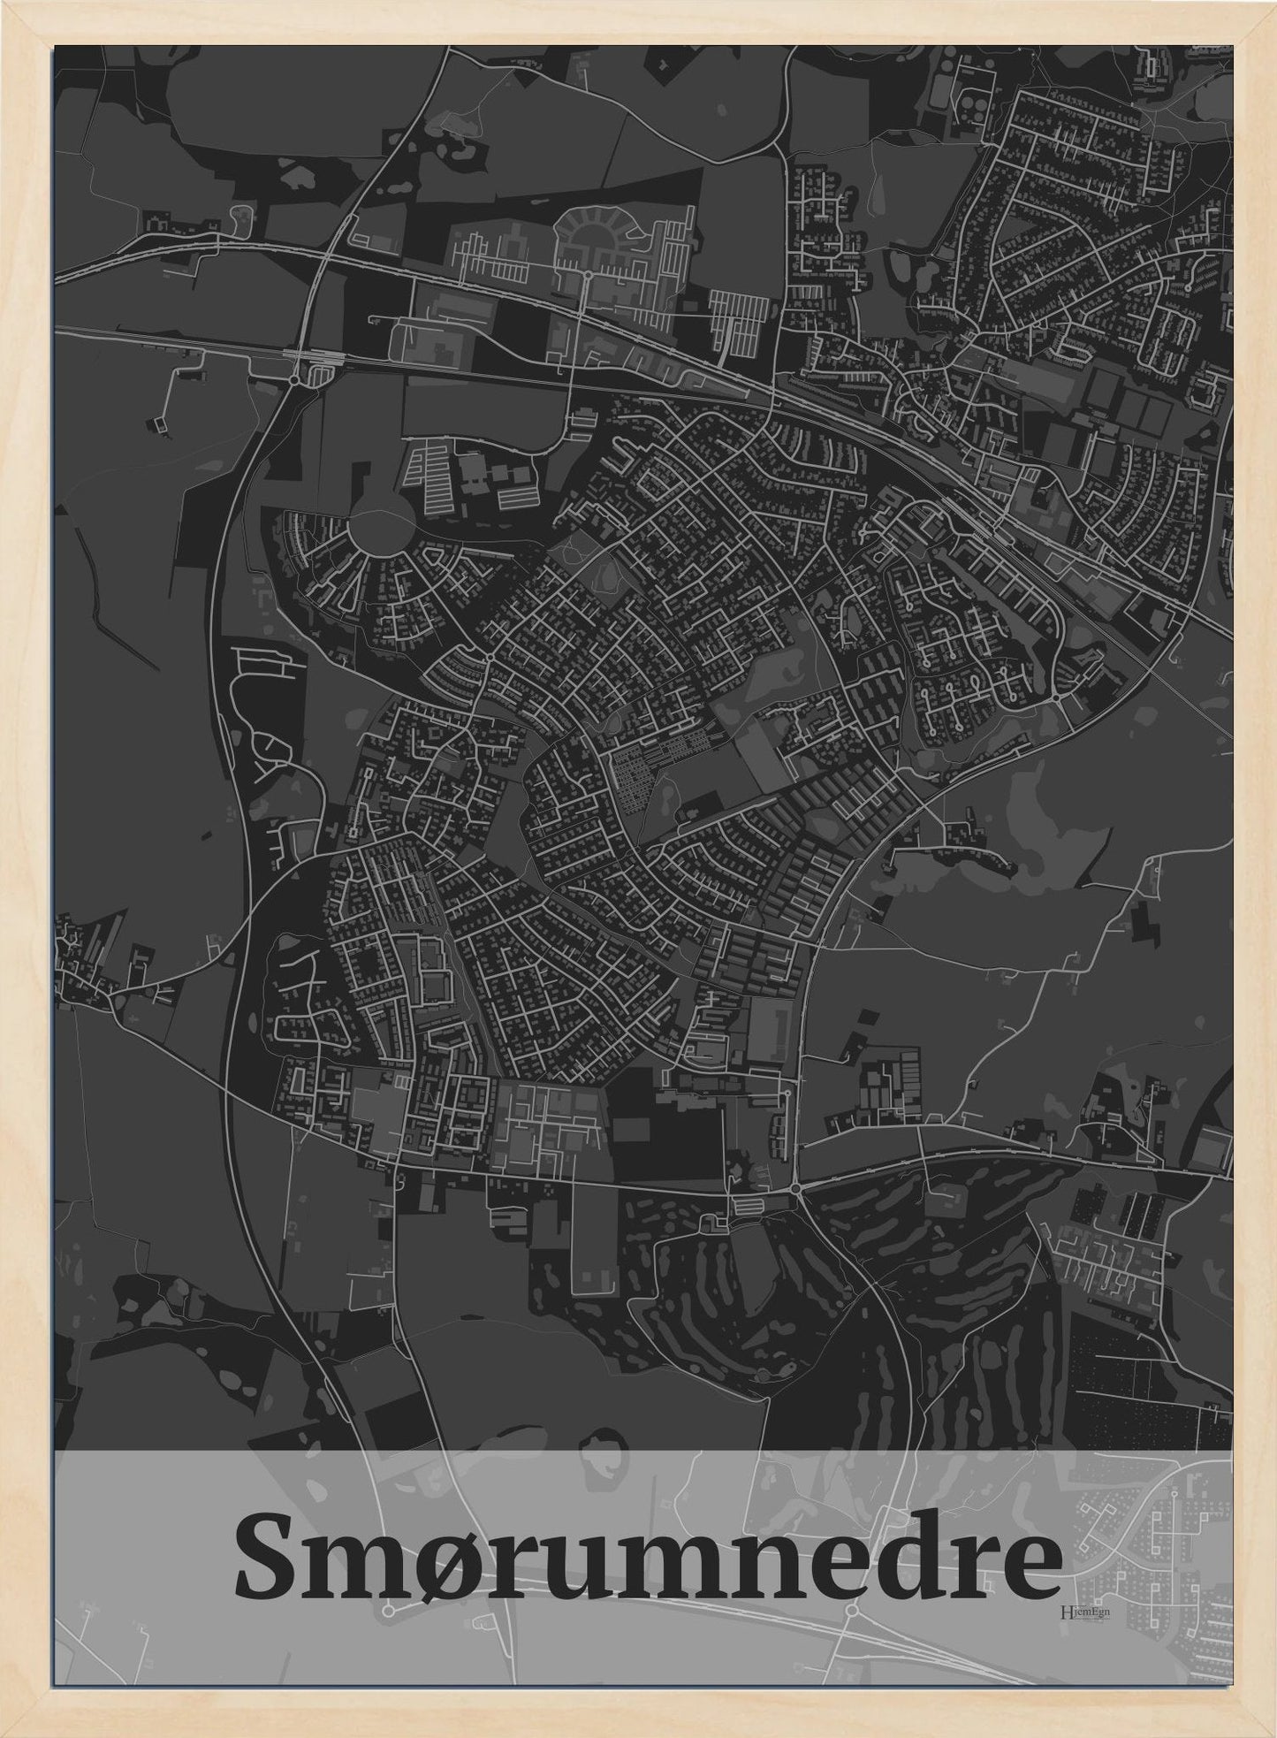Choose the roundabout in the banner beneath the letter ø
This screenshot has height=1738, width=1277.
coord(388,1612)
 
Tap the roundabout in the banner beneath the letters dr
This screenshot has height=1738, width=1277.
coord(851,1612)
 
